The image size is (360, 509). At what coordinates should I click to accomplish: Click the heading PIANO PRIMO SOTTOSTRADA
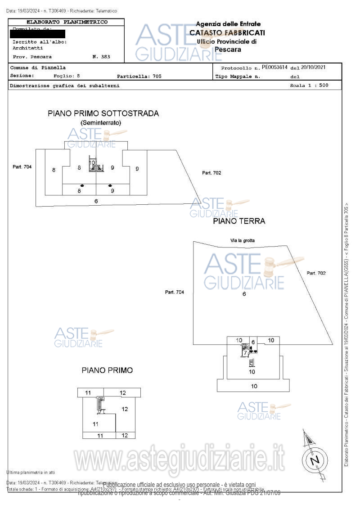point(103,113)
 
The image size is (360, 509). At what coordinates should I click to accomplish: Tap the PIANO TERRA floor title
point(239,221)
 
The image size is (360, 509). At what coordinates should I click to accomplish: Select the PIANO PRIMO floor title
point(107,370)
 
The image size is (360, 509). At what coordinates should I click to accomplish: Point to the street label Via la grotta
point(243,240)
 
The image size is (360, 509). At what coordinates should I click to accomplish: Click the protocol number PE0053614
point(274,68)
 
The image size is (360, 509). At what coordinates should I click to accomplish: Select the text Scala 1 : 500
point(309,85)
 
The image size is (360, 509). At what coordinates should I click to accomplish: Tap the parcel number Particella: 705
point(139,77)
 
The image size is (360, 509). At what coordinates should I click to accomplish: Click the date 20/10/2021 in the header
point(313,68)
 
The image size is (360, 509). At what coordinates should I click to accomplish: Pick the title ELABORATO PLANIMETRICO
point(67,22)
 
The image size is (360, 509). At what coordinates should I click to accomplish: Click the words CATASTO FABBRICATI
point(227,32)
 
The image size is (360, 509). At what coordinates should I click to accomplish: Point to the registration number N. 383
point(101,57)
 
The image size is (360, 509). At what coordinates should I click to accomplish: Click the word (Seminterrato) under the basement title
point(101,122)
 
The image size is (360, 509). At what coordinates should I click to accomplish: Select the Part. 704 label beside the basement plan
point(22,167)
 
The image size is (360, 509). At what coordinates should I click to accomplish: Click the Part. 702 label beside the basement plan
point(211,173)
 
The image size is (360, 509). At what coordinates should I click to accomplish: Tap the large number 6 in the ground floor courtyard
point(244,294)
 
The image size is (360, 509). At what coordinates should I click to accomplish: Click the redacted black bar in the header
point(39,34)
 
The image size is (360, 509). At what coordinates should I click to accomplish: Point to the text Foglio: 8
point(66,76)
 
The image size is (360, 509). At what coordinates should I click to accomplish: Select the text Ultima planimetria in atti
point(31,472)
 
